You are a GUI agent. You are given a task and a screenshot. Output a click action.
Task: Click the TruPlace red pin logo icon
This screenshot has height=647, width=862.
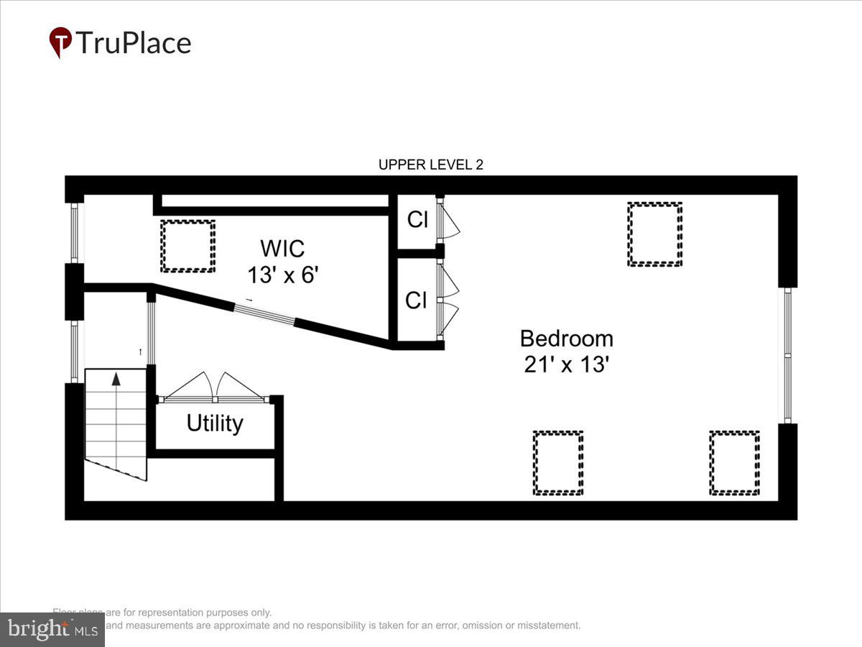(60, 42)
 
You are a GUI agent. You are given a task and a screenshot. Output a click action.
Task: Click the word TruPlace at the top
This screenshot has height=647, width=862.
(133, 43)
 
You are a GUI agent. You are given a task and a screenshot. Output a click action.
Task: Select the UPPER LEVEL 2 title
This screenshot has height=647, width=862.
(431, 165)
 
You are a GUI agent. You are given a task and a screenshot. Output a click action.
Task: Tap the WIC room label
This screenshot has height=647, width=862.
(282, 249)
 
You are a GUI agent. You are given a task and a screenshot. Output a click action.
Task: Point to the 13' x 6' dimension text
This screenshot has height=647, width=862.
(282, 274)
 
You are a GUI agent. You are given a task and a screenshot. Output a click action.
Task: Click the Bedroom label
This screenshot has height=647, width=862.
(566, 339)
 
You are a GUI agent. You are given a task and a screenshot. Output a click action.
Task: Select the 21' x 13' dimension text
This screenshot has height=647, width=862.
(566, 364)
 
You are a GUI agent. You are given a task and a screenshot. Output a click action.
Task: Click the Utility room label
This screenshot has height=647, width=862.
(215, 423)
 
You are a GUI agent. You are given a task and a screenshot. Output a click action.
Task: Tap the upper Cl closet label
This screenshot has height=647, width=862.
(417, 220)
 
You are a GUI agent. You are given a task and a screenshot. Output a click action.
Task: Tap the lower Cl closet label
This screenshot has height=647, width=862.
(416, 300)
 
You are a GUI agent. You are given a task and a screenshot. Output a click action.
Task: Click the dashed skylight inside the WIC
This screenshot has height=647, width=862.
(187, 246)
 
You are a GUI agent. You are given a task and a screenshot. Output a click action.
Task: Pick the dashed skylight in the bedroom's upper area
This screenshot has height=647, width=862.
(654, 234)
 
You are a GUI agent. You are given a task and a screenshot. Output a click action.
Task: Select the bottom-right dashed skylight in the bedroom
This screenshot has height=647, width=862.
(734, 463)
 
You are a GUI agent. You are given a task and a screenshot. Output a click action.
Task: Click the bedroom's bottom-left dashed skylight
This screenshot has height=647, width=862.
(558, 463)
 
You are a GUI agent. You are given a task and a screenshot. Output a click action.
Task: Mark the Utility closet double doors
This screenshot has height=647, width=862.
(214, 388)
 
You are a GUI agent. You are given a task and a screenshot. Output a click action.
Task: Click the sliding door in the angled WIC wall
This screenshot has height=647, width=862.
(264, 316)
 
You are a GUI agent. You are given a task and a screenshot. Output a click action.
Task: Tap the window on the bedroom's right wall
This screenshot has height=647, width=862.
(787, 355)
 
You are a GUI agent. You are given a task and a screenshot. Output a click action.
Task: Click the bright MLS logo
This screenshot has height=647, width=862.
(52, 630)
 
